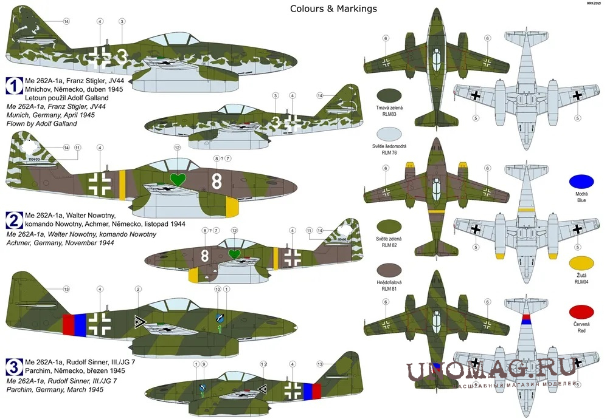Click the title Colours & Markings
pos(333,9)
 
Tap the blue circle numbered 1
pos(13,85)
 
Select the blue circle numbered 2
pos(13,219)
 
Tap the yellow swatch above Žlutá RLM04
pos(581,264)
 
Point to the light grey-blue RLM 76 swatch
pos(390,134)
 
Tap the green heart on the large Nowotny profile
pos(178,180)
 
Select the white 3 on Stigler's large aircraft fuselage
pos(122,55)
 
